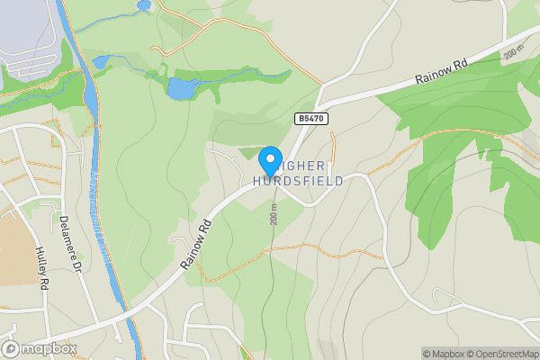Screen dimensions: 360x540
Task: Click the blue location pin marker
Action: pyautogui.click(x=270, y=160)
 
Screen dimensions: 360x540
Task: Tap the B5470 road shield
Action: pyautogui.click(x=309, y=118)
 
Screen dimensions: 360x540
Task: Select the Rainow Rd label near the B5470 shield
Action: pyautogui.click(x=442, y=72)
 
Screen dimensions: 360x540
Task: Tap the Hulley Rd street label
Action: pyautogui.click(x=41, y=267)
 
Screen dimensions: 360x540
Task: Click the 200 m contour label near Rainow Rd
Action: pyautogui.click(x=513, y=53)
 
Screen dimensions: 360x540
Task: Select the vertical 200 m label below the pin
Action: pyautogui.click(x=274, y=213)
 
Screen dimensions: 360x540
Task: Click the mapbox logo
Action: pyautogui.click(x=39, y=348)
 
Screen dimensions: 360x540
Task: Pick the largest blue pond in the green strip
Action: pyautogui.click(x=182, y=88)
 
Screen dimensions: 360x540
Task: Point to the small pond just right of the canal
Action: pyautogui.click(x=102, y=62)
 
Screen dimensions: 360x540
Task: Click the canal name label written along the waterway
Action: pyautogui.click(x=101, y=216)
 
